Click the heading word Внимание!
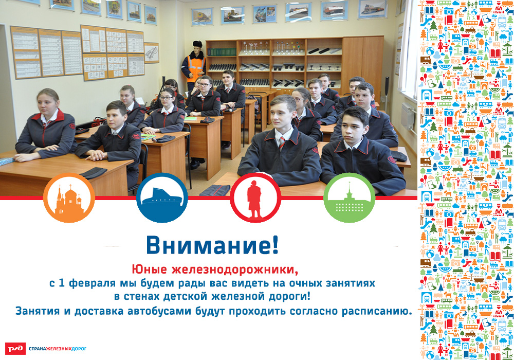coord(212,245)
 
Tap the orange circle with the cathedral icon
coord(69,198)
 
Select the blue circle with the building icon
coord(162,198)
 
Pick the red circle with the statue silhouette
coord(255,198)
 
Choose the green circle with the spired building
coord(349,198)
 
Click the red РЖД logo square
coord(15,349)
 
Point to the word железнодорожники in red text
coord(235,270)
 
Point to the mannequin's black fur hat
coord(197,44)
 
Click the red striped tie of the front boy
coord(282,142)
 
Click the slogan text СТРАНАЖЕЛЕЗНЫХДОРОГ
coord(58,349)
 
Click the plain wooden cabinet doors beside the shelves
coord(362,64)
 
